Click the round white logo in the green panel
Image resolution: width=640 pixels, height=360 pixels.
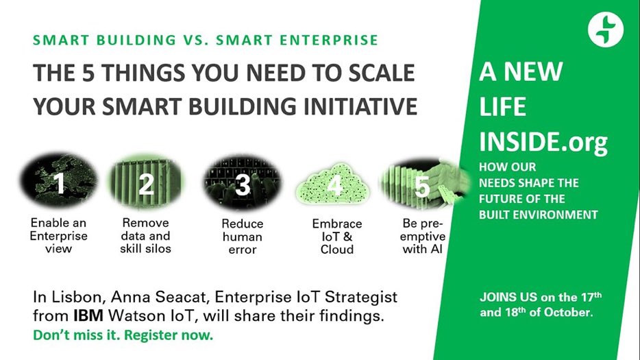pyautogui.click(x=606, y=30)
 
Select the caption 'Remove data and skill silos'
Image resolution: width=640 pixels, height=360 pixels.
pyautogui.click(x=146, y=235)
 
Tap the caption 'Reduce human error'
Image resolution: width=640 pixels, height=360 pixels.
pyautogui.click(x=243, y=236)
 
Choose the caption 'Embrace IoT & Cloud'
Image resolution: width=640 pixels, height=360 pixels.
pyautogui.click(x=336, y=236)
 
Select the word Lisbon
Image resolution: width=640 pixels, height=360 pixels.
pyautogui.click(x=66, y=299)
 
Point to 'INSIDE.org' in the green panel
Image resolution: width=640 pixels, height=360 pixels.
pyautogui.click(x=543, y=143)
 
